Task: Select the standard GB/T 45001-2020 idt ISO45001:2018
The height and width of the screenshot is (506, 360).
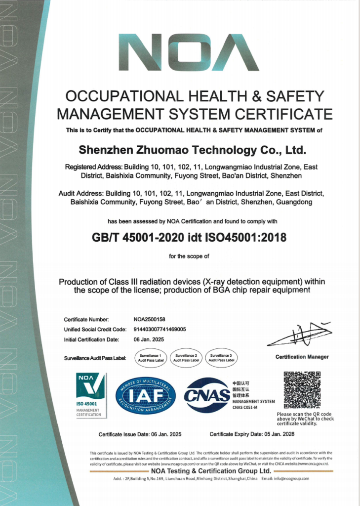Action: tap(189, 237)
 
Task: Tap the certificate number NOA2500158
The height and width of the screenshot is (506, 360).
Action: tap(150, 320)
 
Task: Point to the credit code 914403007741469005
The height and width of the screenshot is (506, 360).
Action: tap(160, 330)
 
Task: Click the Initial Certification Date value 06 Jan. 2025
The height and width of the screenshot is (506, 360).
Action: tap(149, 339)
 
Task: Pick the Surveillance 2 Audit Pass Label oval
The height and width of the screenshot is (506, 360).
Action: tap(186, 357)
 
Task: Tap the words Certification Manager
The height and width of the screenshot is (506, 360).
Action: tap(302, 357)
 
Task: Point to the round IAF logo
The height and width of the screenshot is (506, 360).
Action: tap(146, 395)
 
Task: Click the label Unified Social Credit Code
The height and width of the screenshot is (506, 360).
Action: tap(95, 330)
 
